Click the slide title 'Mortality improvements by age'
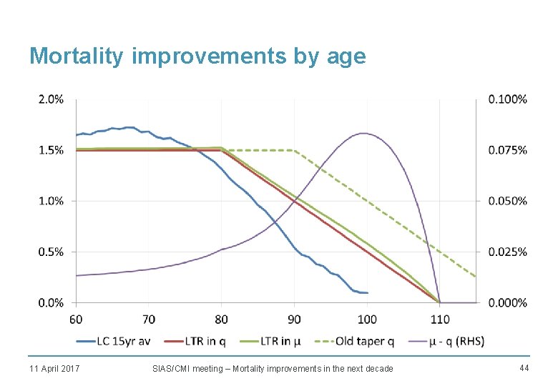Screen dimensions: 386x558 pyautogui.click(x=197, y=56)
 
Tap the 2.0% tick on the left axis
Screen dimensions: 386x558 pyautogui.click(x=50, y=99)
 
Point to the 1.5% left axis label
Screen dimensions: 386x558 pyautogui.click(x=50, y=150)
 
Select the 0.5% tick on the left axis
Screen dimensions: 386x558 pyautogui.click(x=50, y=252)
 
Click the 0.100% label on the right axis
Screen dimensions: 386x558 pyautogui.click(x=507, y=99)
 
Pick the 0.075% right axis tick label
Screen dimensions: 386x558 pyautogui.click(x=507, y=150)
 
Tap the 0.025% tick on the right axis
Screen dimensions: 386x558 pyautogui.click(x=507, y=252)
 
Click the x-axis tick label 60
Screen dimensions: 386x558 pyautogui.click(x=76, y=318)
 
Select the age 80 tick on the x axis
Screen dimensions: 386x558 pyautogui.click(x=222, y=318)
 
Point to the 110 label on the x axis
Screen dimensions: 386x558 pyautogui.click(x=439, y=318)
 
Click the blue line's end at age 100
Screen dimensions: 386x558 pyautogui.click(x=367, y=293)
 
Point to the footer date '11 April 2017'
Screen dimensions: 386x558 pyautogui.click(x=54, y=368)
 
